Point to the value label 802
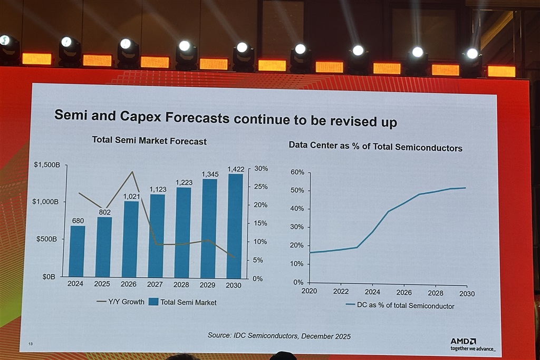[104, 212]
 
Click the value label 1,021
[130, 197]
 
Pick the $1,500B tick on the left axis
[47, 164]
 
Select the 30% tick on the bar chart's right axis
[261, 169]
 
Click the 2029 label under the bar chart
[208, 285]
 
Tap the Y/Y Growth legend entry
[120, 302]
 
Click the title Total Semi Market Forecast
[149, 141]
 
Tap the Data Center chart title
[375, 148]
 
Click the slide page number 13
[31, 344]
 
